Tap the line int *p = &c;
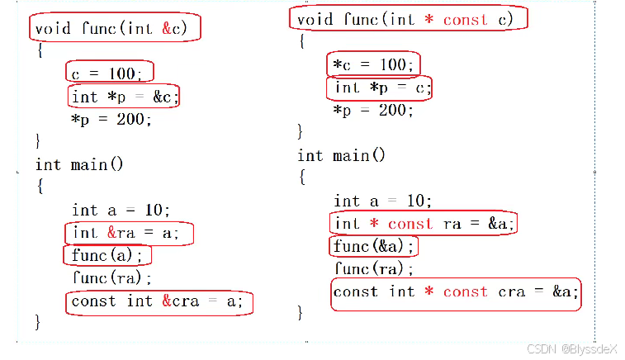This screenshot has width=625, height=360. click(124, 97)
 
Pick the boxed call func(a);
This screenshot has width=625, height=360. click(107, 255)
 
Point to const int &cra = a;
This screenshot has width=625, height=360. click(158, 301)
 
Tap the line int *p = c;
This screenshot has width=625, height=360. click(381, 88)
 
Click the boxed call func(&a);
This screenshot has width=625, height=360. click(373, 246)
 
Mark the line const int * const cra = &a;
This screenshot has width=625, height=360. click(455, 292)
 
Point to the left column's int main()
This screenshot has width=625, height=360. click(78, 165)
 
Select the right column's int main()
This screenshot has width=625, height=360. click(341, 155)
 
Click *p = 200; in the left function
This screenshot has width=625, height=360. click(111, 120)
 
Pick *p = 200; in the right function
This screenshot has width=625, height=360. click(373, 110)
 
